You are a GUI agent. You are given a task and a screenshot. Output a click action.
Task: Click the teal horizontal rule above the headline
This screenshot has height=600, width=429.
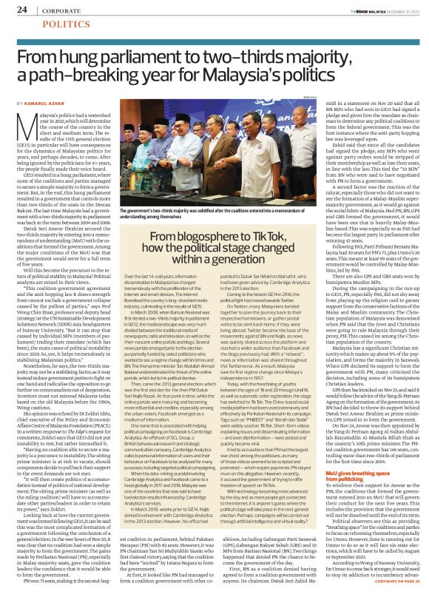214,36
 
